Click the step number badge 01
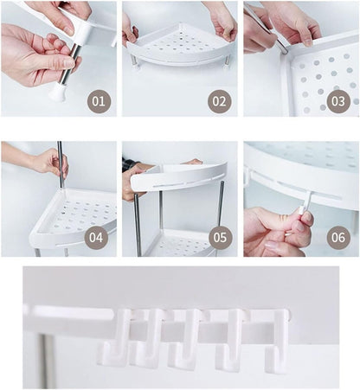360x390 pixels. point(99,101)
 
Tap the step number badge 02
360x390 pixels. point(220,101)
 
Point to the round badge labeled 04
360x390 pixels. point(96,237)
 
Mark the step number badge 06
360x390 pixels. point(339,237)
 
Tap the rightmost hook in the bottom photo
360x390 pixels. point(277,341)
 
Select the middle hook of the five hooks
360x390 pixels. point(186,341)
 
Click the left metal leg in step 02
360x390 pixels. point(135,62)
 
